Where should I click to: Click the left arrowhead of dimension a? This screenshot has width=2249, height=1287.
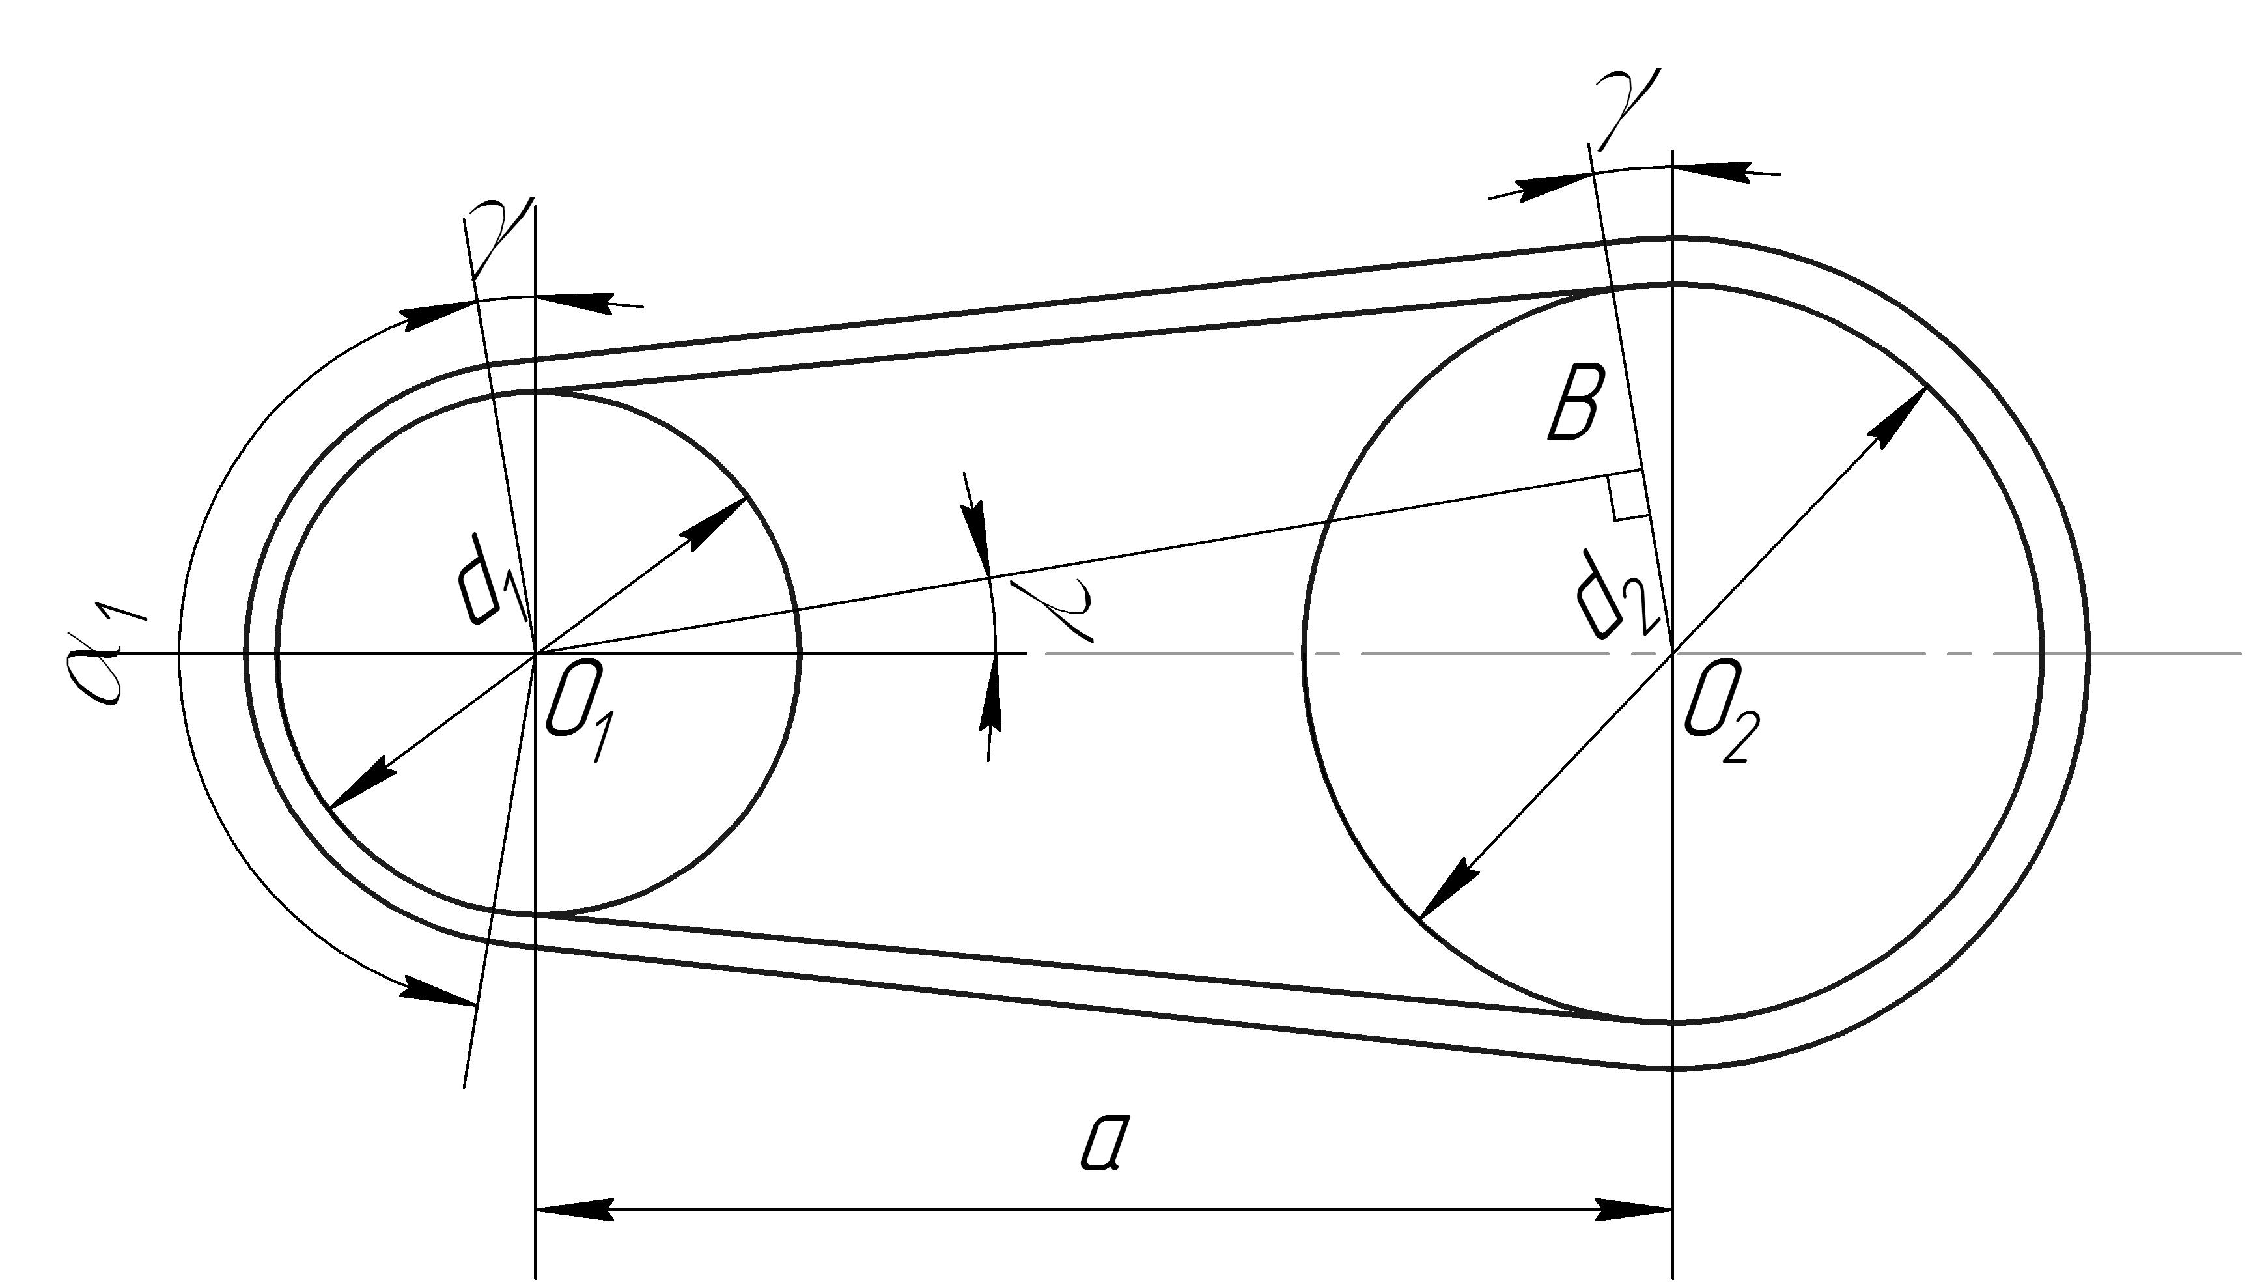point(574,1209)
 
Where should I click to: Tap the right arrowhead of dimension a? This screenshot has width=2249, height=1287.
point(1634,1209)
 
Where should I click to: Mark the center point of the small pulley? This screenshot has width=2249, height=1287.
point(535,653)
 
